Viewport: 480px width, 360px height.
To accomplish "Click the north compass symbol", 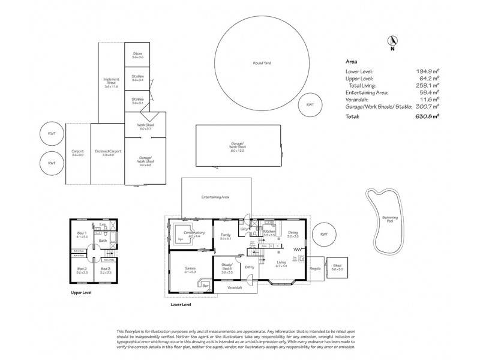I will [392, 42].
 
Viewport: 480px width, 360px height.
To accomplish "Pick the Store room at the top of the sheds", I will [137, 55].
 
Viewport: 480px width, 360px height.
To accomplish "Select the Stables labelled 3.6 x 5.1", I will [137, 100].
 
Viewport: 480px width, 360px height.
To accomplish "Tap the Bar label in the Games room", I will [205, 287].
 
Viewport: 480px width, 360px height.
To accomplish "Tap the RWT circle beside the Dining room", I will [323, 235].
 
